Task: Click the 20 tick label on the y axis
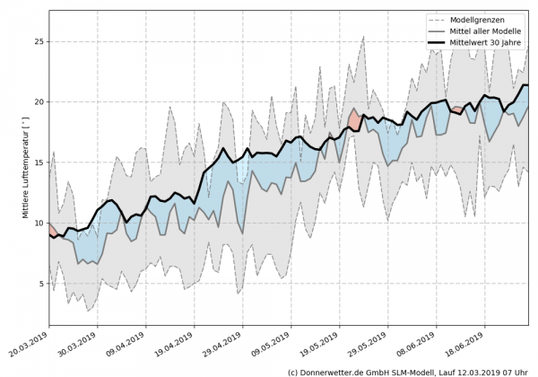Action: (x=39, y=101)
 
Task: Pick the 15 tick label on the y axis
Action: (x=39, y=162)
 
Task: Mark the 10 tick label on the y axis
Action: (x=39, y=223)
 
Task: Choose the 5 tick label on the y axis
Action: (x=41, y=284)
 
